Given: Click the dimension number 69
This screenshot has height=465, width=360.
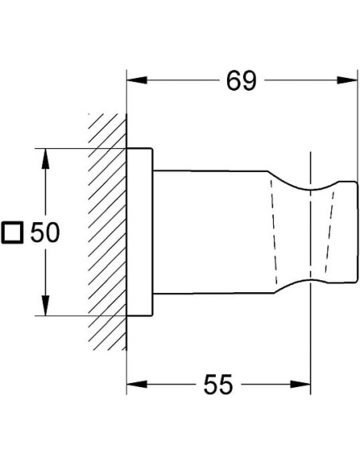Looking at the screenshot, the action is pos(241,81).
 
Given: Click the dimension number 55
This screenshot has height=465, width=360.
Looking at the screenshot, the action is pos(218,385).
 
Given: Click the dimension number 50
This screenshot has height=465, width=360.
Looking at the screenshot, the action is pos(45,232).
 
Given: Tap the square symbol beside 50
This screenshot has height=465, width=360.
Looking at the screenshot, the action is pos(12,232).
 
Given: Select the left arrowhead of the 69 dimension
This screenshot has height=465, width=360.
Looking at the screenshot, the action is pos(137,80).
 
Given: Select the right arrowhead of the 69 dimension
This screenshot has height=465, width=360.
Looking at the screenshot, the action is pos(347,80).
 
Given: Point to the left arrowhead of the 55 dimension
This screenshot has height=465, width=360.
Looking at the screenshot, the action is pos(137,385).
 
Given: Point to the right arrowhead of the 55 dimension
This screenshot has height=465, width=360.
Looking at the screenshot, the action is pos(300,385).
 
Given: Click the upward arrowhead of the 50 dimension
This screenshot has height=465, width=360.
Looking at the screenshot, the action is pos(45,158).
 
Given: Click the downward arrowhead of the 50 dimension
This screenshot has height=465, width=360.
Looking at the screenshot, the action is pos(45,306).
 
